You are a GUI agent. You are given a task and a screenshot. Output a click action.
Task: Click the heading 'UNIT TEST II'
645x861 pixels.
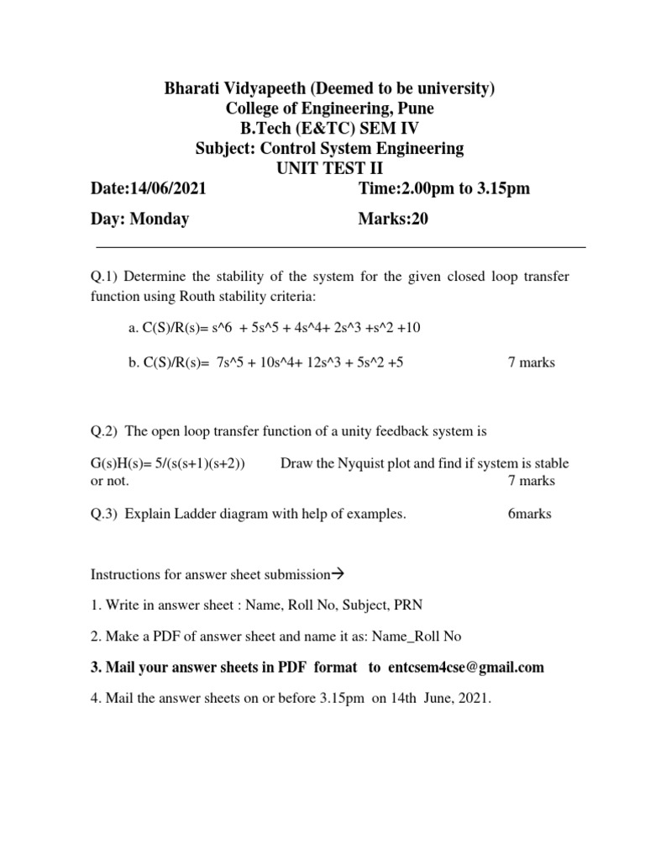329,168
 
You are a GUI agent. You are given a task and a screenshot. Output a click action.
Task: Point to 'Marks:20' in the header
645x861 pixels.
393,219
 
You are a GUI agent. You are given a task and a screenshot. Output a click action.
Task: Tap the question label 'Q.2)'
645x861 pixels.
104,432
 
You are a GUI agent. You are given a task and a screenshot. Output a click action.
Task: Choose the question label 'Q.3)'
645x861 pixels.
104,514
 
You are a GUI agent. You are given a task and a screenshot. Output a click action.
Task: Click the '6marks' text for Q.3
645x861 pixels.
530,514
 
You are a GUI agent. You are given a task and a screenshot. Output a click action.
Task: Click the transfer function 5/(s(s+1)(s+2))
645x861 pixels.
199,463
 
